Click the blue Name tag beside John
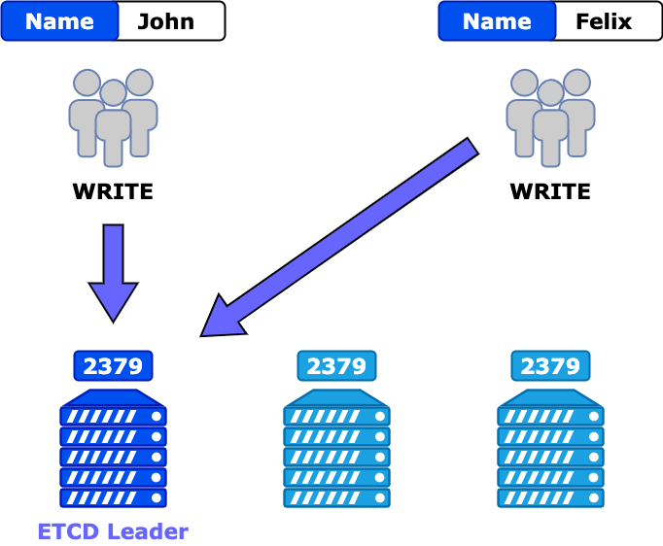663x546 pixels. click(x=60, y=21)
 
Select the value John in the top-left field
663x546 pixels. click(x=166, y=21)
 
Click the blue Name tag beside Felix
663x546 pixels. click(x=497, y=21)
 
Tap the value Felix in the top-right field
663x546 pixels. click(x=604, y=21)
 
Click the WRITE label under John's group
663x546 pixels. click(x=113, y=191)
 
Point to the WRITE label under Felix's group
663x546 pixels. click(x=550, y=191)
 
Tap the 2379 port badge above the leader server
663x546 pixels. click(x=113, y=366)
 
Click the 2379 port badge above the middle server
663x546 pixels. click(x=336, y=366)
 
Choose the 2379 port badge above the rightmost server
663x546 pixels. click(x=550, y=366)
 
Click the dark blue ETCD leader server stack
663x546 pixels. click(x=113, y=449)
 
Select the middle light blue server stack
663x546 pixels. click(x=336, y=449)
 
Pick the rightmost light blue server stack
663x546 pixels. click(x=550, y=449)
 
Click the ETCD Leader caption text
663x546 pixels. click(x=113, y=531)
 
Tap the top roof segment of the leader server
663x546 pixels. click(x=113, y=397)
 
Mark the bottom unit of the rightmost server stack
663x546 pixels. click(x=550, y=497)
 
